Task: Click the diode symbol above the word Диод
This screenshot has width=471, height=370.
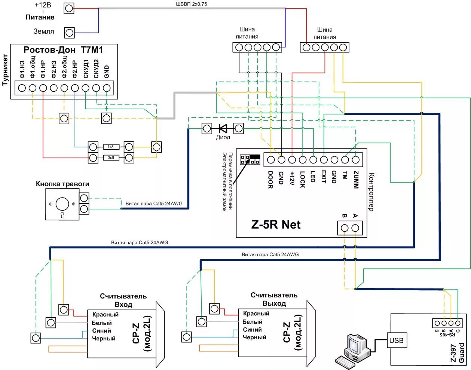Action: coord(223,129)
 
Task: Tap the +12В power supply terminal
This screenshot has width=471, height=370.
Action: coord(69,8)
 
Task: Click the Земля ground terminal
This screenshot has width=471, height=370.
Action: coord(69,33)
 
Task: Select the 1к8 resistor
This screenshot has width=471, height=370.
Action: coord(111,147)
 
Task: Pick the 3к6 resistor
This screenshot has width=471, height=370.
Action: coord(111,158)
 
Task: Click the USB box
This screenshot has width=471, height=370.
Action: coord(396,340)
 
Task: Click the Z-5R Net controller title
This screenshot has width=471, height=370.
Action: coord(276,224)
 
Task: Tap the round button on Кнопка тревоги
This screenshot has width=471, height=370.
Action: coord(62,204)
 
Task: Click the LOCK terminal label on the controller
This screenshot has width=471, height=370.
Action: coord(303,180)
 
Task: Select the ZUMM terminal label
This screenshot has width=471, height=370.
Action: coord(356,180)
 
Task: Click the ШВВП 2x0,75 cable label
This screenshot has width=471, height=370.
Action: coord(192,4)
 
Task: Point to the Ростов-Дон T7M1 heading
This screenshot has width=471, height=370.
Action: coord(63,50)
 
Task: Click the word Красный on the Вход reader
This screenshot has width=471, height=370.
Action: coord(105,315)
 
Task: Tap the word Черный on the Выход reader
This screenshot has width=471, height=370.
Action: coord(254,337)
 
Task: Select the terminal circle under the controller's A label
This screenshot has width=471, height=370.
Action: coord(355,228)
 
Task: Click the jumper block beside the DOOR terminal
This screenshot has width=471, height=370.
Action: coord(250,159)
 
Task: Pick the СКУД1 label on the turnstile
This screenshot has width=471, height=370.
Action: coord(86,69)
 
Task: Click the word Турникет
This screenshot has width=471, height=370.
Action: coord(5,70)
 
